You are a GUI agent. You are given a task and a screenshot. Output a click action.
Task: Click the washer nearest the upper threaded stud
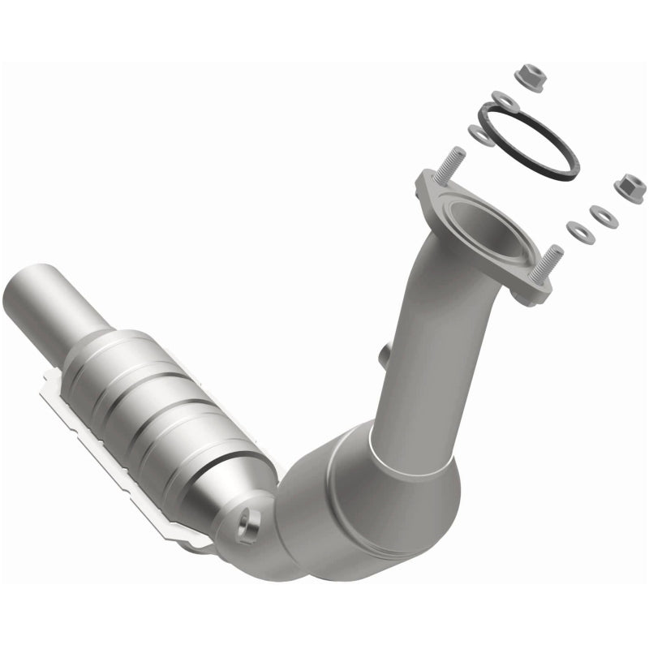click(x=483, y=133)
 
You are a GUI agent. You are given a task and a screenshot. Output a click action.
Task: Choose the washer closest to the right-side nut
click(x=601, y=217)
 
